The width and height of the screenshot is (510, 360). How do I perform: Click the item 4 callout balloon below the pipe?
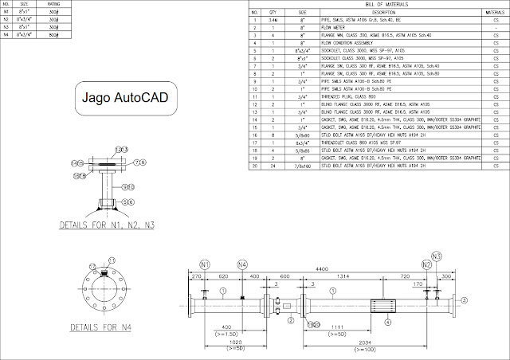[x=388, y=323]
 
